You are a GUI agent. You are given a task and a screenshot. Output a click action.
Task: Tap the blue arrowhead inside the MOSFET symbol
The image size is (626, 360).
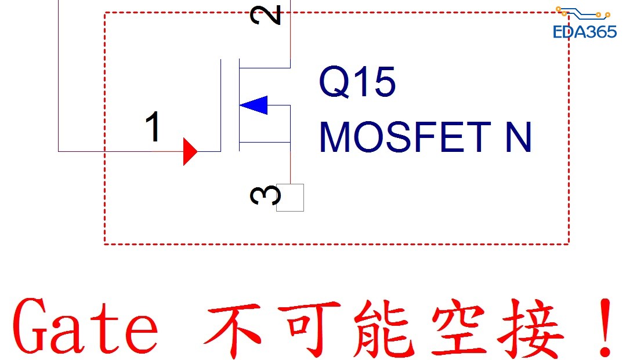254,105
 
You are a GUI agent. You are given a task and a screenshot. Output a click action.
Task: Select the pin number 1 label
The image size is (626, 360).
153,126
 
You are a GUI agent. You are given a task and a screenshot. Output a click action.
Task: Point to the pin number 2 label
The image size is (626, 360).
266,15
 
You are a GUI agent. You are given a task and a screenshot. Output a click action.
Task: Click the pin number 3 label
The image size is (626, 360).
266,195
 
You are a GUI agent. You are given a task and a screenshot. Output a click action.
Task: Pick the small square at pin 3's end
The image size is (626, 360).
290,198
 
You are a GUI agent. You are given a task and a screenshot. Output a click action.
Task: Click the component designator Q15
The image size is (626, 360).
357,82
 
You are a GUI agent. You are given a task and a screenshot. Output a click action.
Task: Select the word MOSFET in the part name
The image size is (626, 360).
405,137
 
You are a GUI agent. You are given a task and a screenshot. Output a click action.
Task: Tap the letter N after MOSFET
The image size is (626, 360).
519,137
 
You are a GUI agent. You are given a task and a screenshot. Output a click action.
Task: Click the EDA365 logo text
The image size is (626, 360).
585,32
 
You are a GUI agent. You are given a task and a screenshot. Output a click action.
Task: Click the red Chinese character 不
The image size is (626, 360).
233,329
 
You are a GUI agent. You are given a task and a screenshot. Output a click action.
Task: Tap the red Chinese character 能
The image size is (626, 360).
383,328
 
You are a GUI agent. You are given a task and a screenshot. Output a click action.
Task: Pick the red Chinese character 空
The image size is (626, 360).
459,328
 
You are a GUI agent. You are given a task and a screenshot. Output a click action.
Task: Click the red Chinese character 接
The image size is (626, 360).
531,328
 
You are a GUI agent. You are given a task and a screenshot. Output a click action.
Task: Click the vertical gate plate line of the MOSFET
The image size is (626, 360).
221,106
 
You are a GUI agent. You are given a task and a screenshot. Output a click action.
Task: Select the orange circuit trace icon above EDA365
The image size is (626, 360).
583,13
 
